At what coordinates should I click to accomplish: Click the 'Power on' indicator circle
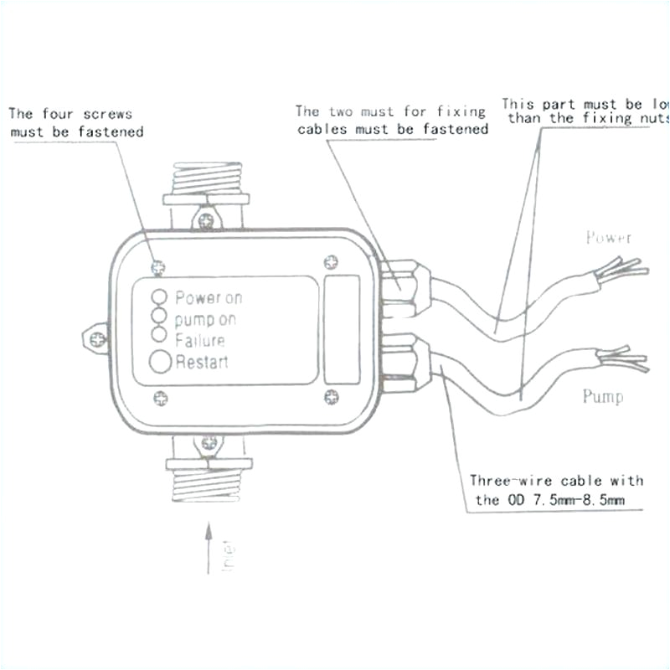point(158,296)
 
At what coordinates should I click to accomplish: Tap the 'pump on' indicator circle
point(158,317)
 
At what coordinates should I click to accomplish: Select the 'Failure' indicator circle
point(158,336)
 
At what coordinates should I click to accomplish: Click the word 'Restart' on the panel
point(202,363)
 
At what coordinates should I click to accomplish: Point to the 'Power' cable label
point(609,238)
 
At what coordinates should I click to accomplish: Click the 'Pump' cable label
point(603,396)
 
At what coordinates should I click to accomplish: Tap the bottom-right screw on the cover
point(331,396)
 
